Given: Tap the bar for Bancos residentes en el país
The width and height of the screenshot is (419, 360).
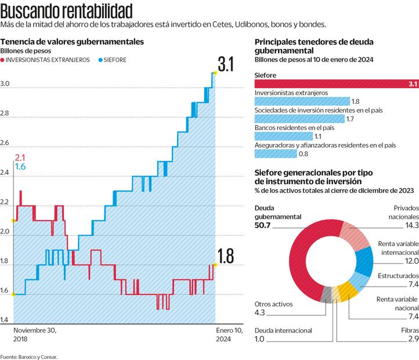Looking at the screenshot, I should coord(283,136).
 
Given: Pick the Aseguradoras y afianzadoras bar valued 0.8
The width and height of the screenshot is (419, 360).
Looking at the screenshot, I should coord(275,154).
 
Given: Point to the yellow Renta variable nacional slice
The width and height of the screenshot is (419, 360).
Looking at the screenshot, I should coord(349,289).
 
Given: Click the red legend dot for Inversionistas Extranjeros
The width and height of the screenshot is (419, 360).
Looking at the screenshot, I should coord(3,60).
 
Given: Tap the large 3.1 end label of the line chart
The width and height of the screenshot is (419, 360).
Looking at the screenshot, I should coord(226,64).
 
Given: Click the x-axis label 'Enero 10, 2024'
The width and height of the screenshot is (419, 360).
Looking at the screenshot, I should coord(215,334).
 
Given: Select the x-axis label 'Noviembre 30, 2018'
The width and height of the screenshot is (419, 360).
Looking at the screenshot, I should coord(35,334).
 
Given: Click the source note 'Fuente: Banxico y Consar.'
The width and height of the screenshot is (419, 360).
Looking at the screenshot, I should coord(29,356).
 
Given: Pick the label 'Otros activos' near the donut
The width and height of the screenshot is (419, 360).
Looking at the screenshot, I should coord(274,304).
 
